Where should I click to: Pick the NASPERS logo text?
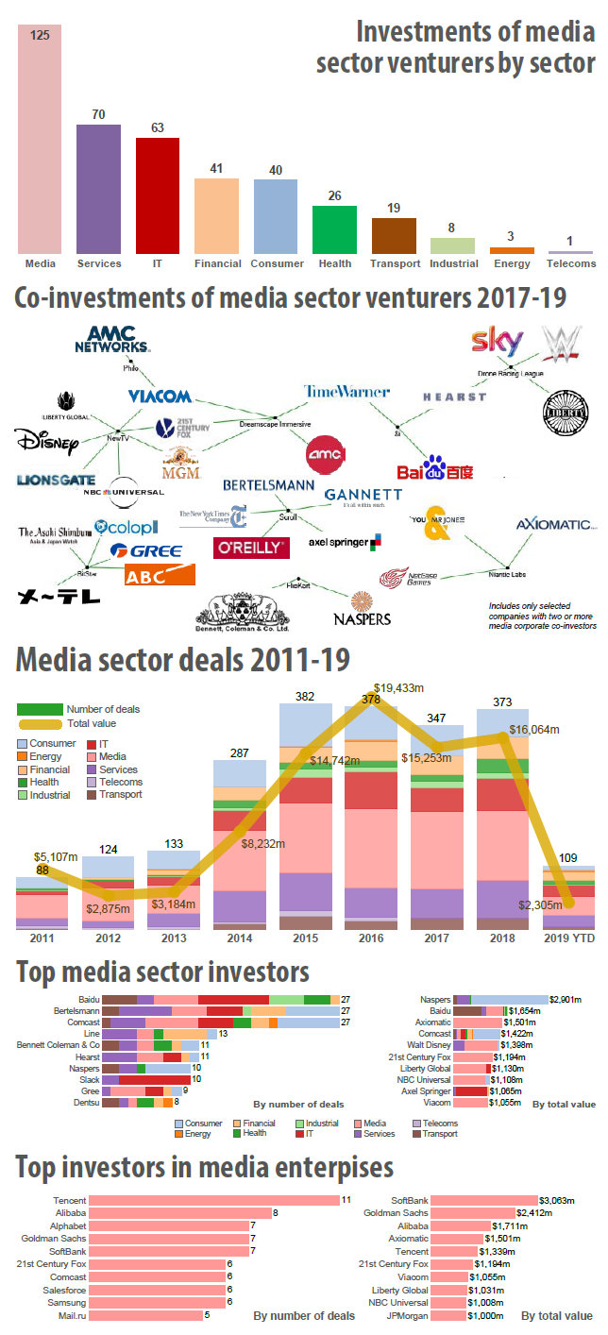[361, 618]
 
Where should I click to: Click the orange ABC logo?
[160, 575]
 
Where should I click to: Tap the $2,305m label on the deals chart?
[539, 904]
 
